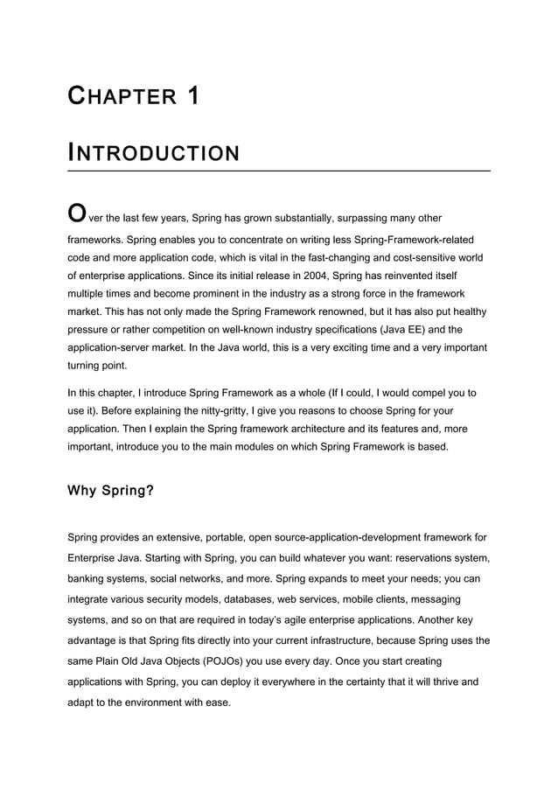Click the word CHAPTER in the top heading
coord(122,96)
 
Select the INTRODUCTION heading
coord(153,154)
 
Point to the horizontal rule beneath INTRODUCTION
coord(279,171)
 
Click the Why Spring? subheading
coord(111,491)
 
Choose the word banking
coord(90,578)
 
